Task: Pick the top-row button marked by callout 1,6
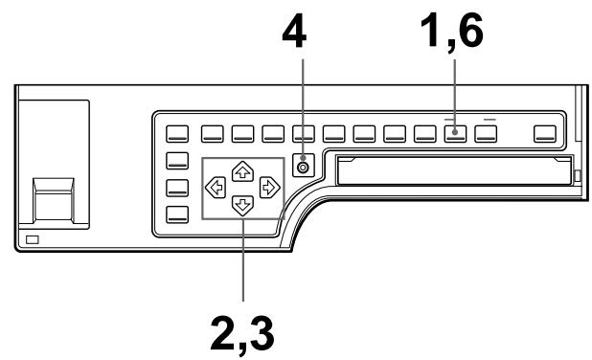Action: [455, 133]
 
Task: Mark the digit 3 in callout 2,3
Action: [260, 330]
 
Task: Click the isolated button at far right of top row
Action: [545, 133]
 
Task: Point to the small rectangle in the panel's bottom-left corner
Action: [34, 238]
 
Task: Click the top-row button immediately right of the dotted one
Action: [486, 133]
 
